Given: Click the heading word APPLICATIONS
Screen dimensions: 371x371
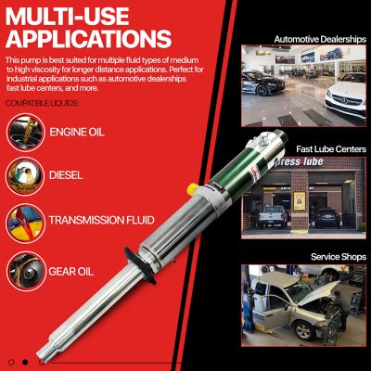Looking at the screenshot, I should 87,38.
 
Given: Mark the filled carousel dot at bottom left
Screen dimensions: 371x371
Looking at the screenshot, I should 25,361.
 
